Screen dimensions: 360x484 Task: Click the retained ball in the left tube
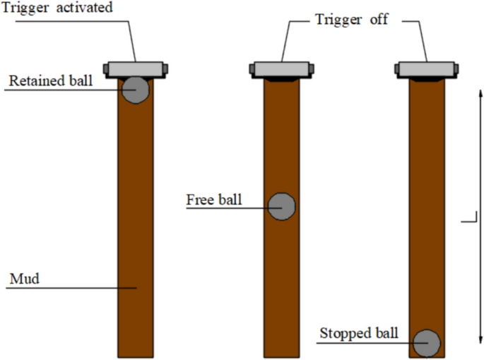(135, 90)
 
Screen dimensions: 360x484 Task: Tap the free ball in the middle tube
(281, 206)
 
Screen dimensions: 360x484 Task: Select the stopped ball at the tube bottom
(427, 343)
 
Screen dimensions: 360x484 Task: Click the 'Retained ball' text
(50, 81)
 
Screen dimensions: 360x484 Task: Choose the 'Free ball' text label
(213, 199)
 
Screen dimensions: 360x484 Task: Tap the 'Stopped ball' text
(359, 332)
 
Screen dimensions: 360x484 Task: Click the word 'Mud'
(24, 279)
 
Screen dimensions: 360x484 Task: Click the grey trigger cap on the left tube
(136, 68)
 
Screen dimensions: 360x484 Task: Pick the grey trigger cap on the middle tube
(281, 69)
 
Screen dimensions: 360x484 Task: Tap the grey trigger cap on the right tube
(426, 69)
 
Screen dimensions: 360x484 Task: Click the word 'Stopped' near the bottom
(343, 332)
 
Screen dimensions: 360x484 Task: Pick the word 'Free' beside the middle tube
(200, 199)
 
